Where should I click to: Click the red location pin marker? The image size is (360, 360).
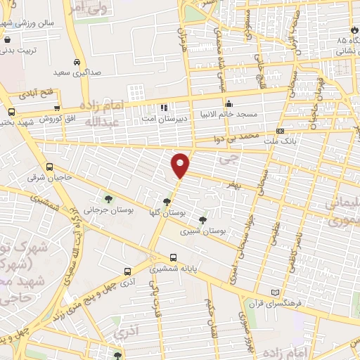181,165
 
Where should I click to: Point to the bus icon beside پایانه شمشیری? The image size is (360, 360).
173,257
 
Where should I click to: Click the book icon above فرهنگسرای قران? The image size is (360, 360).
274,292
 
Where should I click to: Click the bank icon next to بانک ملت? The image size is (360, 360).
281,131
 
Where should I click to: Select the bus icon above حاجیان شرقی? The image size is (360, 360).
49,167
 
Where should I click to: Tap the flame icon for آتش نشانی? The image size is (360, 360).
352,30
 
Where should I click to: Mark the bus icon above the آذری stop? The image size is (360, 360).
127,271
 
